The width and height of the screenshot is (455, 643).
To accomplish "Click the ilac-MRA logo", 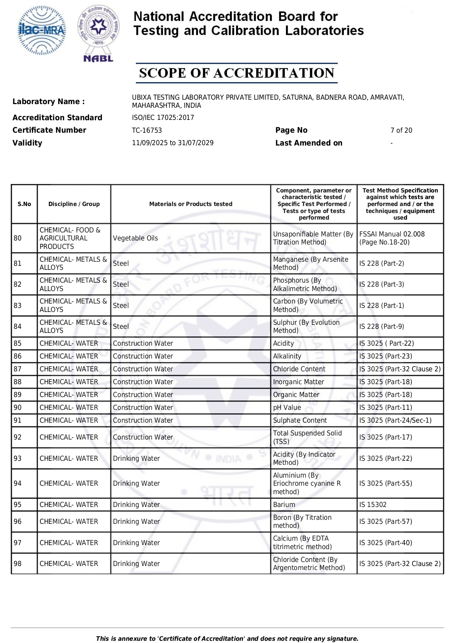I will tap(42, 30).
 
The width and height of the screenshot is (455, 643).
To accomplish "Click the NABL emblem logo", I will tap(98, 33).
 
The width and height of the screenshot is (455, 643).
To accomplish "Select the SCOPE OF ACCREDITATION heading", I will tap(236, 73).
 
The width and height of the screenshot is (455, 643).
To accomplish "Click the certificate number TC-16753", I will tap(147, 131).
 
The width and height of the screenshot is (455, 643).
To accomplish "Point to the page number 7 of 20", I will tap(401, 131).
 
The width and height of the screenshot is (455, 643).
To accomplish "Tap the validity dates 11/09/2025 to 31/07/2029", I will tap(173, 143).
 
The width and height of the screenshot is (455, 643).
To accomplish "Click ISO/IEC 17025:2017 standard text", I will tap(163, 118).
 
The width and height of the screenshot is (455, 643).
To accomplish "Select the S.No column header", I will tap(24, 204).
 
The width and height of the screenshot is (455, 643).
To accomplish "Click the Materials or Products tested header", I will tap(191, 204).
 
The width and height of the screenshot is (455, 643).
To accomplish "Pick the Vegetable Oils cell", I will tap(135, 238).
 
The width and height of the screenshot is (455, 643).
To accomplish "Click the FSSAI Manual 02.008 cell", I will tap(392, 238).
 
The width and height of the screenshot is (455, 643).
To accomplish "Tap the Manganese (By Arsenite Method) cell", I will tap(311, 264).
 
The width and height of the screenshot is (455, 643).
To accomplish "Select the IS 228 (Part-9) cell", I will tap(382, 327).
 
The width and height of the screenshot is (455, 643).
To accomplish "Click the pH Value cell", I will tap(287, 408).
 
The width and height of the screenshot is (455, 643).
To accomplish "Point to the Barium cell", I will tap(284, 505).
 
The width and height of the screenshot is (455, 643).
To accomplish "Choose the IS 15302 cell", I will tap(373, 505).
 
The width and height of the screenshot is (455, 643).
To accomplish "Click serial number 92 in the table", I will tap(18, 437).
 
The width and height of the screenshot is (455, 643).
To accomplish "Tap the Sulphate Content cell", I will tap(300, 420).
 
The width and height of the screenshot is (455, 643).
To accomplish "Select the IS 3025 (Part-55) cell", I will tap(386, 484).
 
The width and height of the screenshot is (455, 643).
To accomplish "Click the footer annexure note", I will tap(227, 639).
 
